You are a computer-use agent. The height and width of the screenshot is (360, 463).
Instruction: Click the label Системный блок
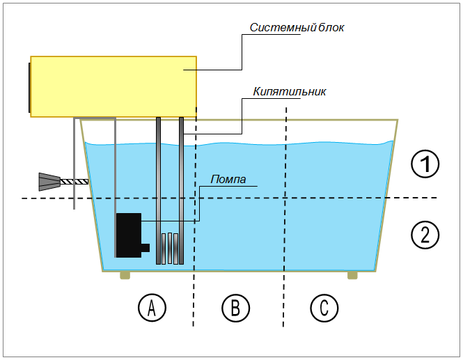(x=297, y=28)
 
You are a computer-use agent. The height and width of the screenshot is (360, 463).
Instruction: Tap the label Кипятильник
(x=290, y=92)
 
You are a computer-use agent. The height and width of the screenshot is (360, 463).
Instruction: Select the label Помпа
(x=229, y=180)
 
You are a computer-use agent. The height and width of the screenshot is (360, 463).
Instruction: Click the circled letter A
(x=151, y=306)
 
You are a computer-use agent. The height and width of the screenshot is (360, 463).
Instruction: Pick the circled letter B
(x=235, y=306)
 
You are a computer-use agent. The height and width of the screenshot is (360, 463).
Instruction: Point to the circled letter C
(x=324, y=306)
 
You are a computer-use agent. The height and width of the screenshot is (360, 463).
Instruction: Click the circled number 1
(x=425, y=164)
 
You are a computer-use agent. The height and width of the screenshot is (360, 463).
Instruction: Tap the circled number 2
(x=425, y=234)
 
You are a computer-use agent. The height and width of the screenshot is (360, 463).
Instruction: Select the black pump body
(x=128, y=235)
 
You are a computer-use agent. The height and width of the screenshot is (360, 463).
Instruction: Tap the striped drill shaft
(x=74, y=182)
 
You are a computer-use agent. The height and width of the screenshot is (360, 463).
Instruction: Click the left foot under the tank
(x=125, y=276)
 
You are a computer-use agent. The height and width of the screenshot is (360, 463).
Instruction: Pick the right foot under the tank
(x=352, y=276)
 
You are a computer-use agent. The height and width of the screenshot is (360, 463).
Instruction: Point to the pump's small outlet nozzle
(x=145, y=247)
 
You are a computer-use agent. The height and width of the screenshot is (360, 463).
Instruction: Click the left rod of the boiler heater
(x=159, y=188)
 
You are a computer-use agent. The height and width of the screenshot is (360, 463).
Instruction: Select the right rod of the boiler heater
(x=181, y=188)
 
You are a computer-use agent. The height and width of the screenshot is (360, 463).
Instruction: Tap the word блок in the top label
(x=332, y=28)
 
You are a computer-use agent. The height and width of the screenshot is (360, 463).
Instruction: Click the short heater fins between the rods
(x=170, y=246)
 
